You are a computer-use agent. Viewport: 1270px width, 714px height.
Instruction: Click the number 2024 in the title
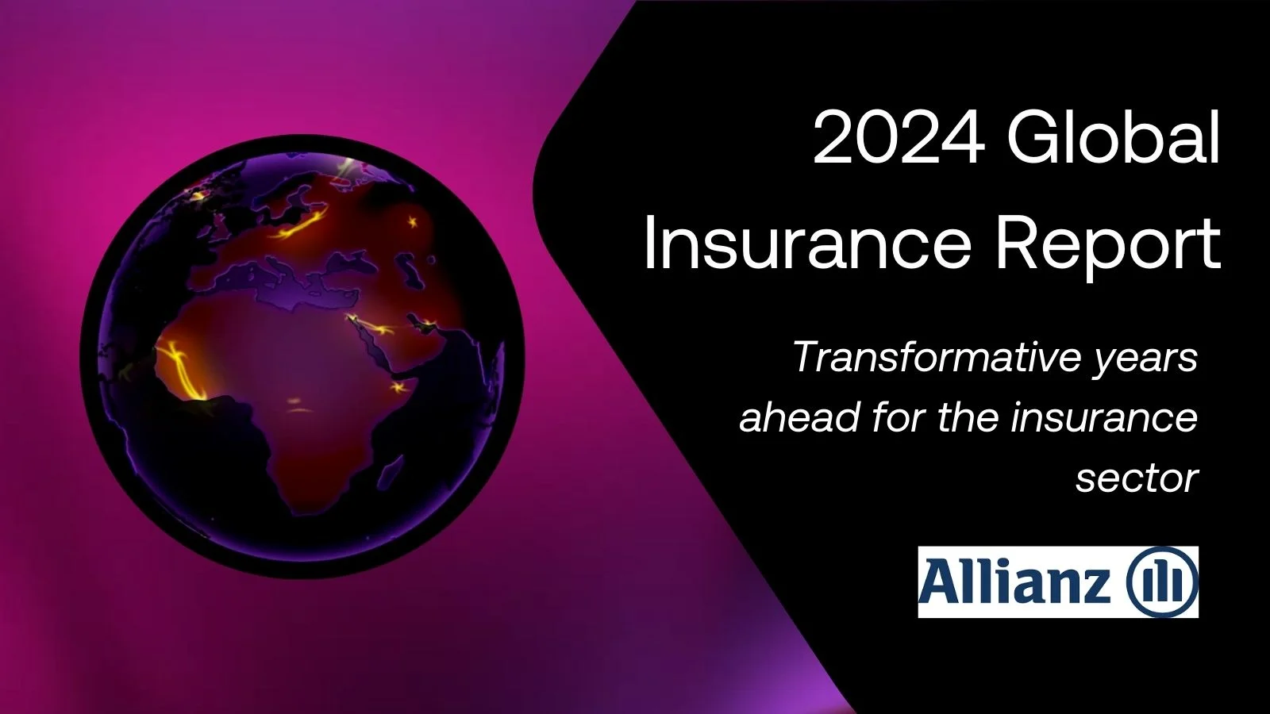pos(898,140)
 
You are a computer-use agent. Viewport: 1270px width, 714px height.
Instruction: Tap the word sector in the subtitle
pos(1136,478)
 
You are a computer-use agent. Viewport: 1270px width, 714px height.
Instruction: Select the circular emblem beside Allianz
pos(1160,582)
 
